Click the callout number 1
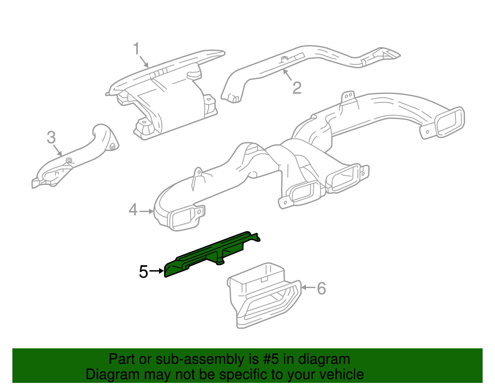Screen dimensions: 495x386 coord(136,49)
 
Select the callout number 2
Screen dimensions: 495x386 coord(297,88)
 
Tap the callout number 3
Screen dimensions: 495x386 coord(51,138)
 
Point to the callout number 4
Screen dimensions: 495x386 coord(133,210)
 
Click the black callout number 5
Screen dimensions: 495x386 coord(144,272)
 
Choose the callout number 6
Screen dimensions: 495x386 coord(321,288)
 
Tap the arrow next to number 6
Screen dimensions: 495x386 coord(308,288)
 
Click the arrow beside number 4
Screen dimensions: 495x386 coord(146,211)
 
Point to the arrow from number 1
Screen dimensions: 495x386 coord(144,61)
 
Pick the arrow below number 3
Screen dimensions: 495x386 coord(57,150)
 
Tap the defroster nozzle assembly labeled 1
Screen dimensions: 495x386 coord(167,93)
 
